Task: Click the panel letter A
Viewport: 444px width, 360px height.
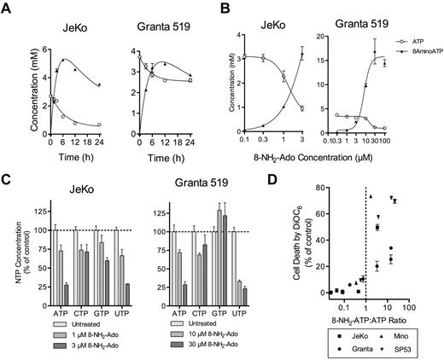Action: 7,9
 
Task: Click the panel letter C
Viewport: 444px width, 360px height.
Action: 7,183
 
